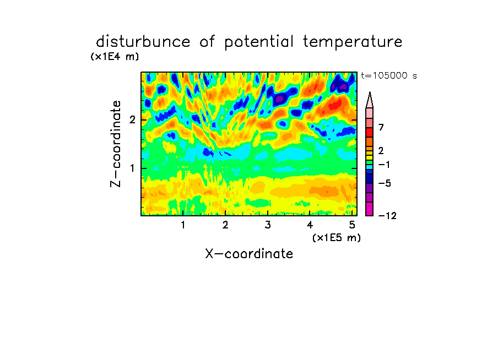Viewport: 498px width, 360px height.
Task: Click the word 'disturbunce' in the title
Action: point(143,42)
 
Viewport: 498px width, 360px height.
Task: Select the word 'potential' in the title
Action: point(259,42)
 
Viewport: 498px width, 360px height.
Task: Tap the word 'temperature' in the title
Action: point(353,42)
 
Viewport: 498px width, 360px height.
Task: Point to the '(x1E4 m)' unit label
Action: point(115,57)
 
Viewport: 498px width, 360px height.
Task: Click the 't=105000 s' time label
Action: point(389,75)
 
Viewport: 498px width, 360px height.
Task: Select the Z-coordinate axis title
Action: point(116,144)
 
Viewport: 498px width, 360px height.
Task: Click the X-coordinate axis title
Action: point(249,254)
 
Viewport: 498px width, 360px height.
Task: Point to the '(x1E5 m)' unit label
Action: point(337,238)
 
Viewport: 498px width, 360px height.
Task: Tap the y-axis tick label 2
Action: point(132,120)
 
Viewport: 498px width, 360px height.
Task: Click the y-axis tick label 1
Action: point(132,168)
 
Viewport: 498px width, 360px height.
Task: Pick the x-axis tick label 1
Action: point(183,225)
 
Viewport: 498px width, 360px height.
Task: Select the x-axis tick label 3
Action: point(268,225)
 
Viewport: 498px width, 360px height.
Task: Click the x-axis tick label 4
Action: point(310,225)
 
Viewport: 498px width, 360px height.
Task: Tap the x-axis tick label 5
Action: point(352,225)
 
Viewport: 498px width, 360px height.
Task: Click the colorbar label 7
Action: point(381,128)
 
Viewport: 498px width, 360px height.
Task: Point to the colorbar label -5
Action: point(385,183)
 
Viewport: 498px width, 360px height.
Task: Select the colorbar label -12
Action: point(387,216)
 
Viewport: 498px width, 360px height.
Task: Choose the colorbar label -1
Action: point(384,165)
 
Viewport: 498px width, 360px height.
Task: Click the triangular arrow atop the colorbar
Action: point(370,100)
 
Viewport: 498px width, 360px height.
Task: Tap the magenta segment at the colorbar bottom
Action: point(370,209)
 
